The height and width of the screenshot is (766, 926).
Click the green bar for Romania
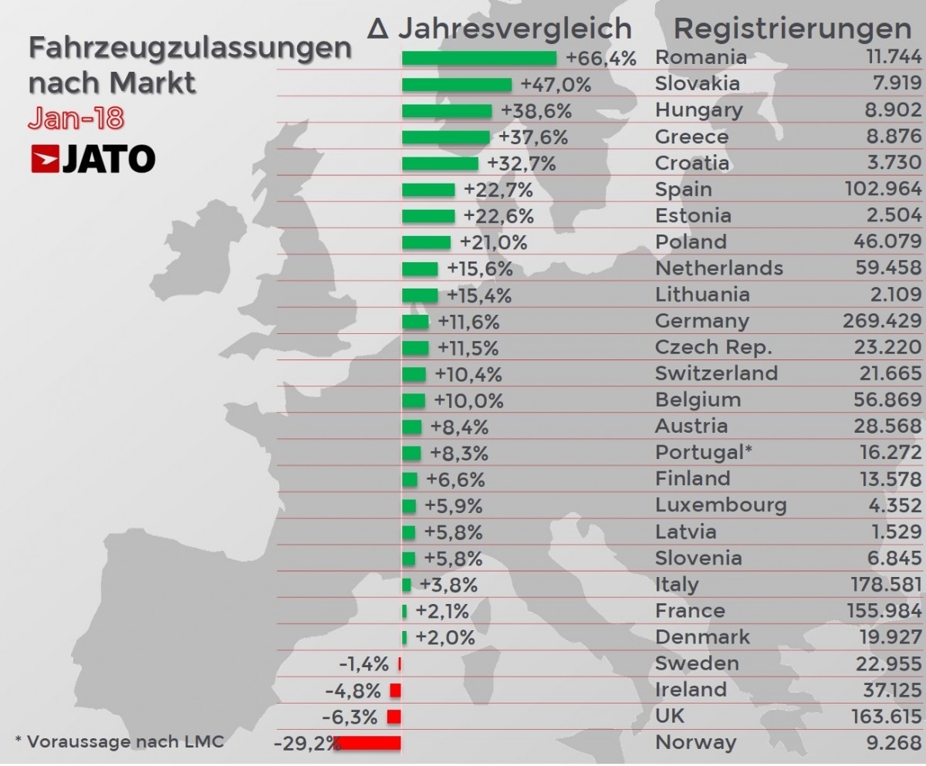(x=478, y=59)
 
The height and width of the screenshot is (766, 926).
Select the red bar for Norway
(x=367, y=744)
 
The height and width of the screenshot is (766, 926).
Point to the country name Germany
(x=701, y=321)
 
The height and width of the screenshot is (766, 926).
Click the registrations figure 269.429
(x=882, y=321)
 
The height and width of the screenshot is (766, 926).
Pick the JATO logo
(x=93, y=159)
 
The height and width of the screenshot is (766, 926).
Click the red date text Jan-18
(x=76, y=118)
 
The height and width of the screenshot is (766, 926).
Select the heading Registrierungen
(x=793, y=29)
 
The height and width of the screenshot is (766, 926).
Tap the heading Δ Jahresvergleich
(x=500, y=29)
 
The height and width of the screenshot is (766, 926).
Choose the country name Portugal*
(x=703, y=452)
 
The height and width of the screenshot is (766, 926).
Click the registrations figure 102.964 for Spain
(x=882, y=190)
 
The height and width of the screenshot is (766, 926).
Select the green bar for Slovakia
(x=457, y=85)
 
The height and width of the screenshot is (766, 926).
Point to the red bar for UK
(x=394, y=717)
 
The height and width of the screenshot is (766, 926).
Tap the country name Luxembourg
(x=721, y=505)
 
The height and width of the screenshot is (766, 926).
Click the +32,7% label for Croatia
(x=522, y=164)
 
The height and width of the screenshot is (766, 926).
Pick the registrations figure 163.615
(x=882, y=717)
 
